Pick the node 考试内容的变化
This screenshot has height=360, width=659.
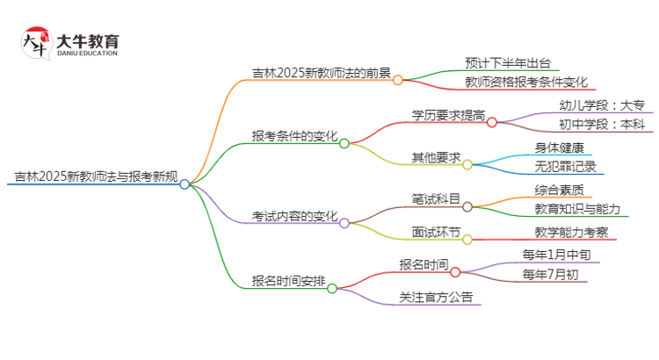coord(293,216)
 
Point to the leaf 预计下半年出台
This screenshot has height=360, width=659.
coord(510,62)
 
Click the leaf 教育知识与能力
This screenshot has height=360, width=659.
coord(576,209)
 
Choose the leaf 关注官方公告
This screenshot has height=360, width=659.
coord(435,297)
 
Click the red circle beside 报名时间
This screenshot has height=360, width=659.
coord(455,272)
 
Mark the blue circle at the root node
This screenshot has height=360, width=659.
coord(185,184)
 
